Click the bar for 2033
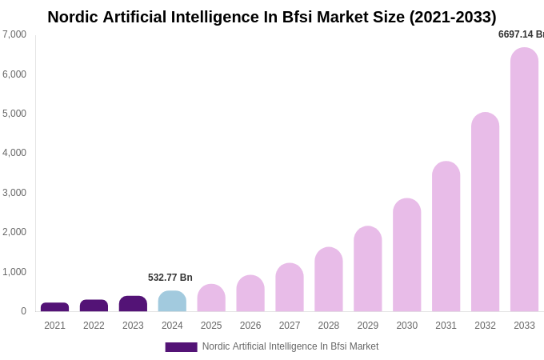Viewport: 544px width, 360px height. (524, 180)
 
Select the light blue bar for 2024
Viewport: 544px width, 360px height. (172, 302)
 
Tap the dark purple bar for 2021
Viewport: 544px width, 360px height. (54, 307)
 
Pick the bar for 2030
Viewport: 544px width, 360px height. (406, 255)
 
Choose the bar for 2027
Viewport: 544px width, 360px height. (290, 288)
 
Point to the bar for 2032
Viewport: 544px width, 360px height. (485, 212)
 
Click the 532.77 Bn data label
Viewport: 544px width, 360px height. (170, 278)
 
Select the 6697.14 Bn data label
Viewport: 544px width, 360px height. (520, 34)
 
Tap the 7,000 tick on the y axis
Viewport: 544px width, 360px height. (14, 34)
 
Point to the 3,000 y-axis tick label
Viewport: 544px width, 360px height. (14, 193)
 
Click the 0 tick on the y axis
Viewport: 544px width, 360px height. (23, 311)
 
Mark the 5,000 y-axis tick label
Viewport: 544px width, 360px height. (14, 114)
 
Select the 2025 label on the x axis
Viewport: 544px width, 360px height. (211, 326)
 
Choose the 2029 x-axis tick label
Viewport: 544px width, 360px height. (368, 326)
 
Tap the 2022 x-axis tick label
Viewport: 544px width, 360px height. (94, 326)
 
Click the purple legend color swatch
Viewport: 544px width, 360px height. (181, 347)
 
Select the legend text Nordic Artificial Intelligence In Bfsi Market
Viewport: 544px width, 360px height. (290, 346)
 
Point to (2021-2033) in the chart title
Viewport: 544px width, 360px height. (453, 17)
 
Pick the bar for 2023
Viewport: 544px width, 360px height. (133, 304)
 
